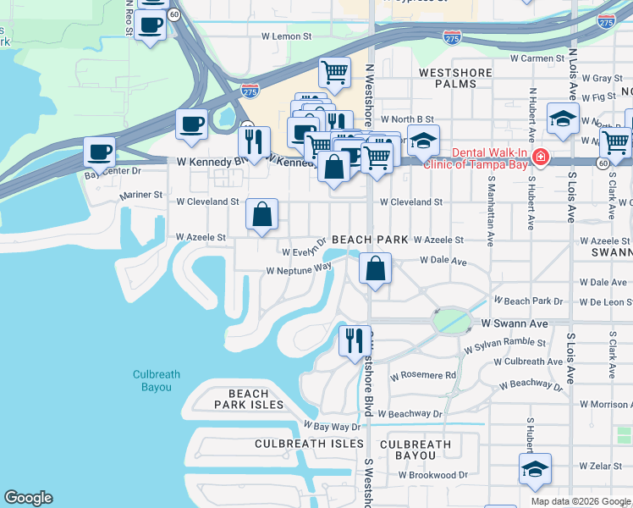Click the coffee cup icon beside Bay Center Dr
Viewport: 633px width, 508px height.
(100, 153)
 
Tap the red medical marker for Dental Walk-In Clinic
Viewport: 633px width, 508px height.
(540, 158)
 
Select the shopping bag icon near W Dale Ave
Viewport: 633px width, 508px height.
(375, 268)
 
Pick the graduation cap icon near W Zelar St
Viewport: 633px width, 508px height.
(535, 470)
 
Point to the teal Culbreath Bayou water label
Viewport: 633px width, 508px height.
(152, 381)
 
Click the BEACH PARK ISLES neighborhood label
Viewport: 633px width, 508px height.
(249, 399)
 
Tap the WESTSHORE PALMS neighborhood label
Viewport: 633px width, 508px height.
(455, 79)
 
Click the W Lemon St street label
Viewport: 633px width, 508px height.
(287, 36)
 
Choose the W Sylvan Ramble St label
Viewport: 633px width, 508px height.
(504, 345)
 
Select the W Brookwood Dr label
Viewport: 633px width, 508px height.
(429, 475)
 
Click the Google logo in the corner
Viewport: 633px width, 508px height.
(28, 498)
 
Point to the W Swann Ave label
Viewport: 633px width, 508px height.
(515, 323)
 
